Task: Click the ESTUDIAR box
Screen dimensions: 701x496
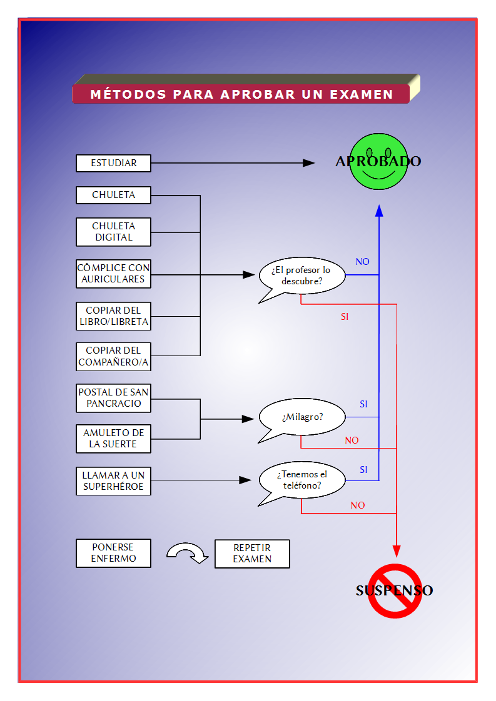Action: (113, 163)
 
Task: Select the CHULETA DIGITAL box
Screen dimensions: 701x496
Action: (113, 232)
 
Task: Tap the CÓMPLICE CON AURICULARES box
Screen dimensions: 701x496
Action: (113, 274)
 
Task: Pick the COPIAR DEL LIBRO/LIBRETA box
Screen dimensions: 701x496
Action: (113, 316)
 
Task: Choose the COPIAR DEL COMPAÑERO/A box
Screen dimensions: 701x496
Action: (113, 356)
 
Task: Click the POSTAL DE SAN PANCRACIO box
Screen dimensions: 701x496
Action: (113, 398)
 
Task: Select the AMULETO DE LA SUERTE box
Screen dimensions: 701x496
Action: (113, 439)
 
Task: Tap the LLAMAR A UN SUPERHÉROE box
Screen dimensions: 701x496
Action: (113, 481)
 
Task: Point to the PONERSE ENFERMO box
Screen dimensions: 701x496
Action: (113, 553)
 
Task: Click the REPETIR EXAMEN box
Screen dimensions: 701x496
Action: (252, 554)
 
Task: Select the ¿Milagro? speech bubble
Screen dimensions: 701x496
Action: (303, 417)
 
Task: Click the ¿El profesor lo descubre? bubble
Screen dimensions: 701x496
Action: (303, 276)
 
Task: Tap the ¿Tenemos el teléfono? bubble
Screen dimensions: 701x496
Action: (303, 480)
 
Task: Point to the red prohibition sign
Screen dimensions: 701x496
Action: (395, 590)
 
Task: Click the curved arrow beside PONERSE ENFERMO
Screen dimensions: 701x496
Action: (187, 552)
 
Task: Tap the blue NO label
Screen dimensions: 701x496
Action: (363, 262)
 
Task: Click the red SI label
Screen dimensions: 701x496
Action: (345, 317)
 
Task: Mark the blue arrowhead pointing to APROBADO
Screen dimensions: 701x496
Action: (379, 211)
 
